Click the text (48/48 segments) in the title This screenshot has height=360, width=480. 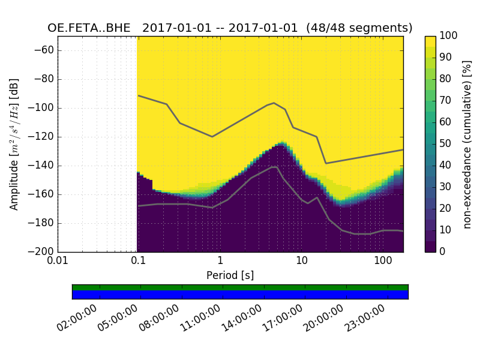(359, 28)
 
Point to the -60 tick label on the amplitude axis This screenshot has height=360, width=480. (44, 50)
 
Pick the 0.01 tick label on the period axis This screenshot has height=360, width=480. (58, 262)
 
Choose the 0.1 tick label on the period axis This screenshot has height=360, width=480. (138, 262)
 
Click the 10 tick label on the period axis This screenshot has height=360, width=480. (302, 262)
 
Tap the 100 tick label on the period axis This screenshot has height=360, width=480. (383, 262)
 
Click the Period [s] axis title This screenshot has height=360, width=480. (230, 275)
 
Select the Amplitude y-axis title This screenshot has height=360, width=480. (14, 144)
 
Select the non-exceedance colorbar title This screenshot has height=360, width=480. (467, 144)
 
